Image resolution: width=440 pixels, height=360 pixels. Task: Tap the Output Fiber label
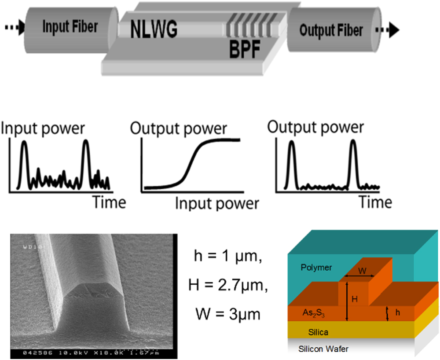pyautogui.click(x=331, y=30)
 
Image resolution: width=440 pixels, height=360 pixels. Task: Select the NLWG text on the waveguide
pyautogui.click(x=154, y=30)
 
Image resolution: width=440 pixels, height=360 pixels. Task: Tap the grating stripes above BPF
pyautogui.click(x=246, y=30)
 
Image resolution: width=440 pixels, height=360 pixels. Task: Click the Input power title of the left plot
pyautogui.click(x=43, y=129)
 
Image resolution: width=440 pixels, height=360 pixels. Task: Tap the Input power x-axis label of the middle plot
pyautogui.click(x=217, y=204)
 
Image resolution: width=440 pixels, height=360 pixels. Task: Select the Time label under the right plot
pyautogui.click(x=375, y=202)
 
